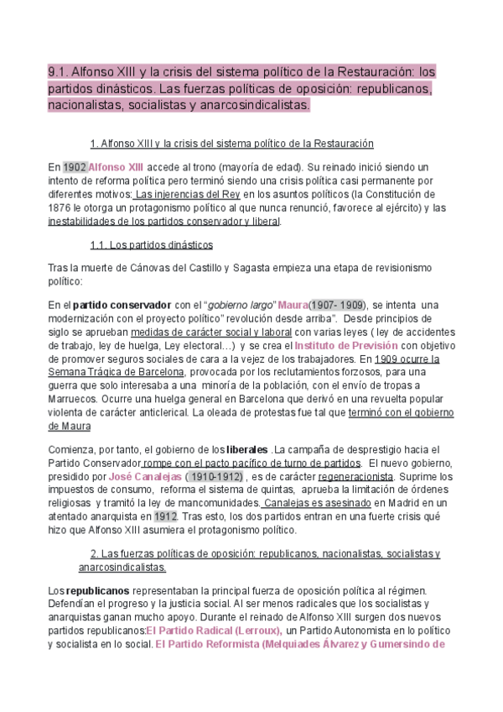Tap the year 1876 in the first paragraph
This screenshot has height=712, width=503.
tap(62, 207)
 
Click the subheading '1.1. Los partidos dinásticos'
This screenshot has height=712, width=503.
tap(151, 244)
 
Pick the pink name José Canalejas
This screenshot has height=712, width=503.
tap(139, 476)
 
